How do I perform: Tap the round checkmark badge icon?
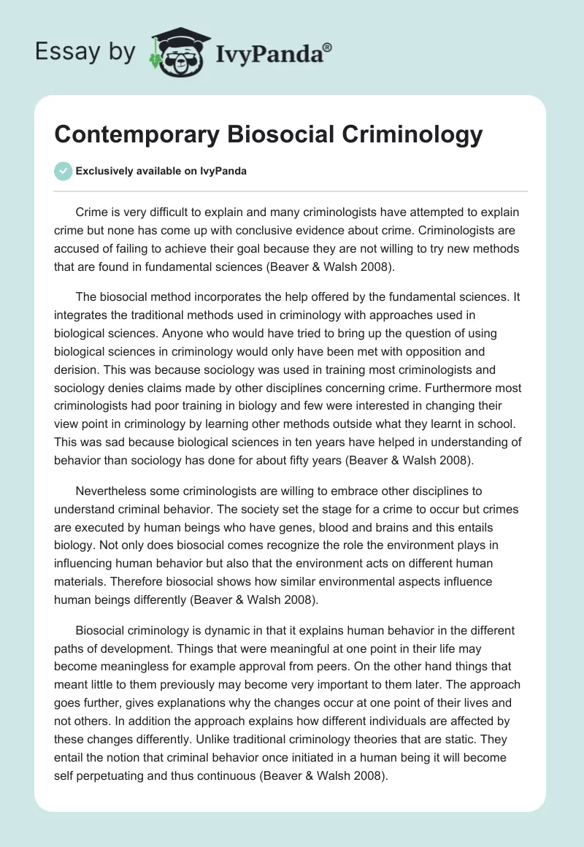click(x=63, y=171)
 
